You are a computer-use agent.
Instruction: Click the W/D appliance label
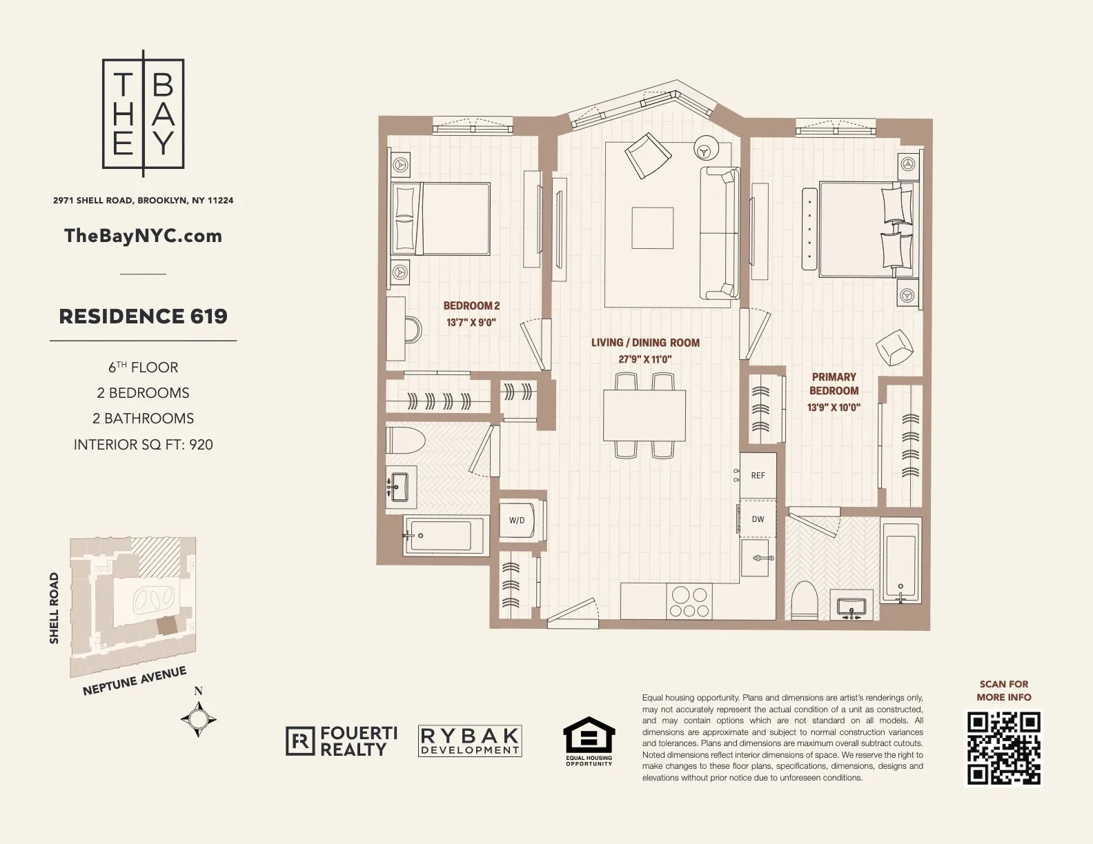point(517,521)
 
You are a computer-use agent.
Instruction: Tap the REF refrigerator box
point(758,475)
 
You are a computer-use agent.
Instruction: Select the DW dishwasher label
point(758,519)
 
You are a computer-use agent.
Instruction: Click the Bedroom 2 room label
point(471,305)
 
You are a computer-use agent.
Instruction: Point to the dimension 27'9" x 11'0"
point(644,359)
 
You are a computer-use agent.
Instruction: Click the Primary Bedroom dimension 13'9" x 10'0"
point(834,408)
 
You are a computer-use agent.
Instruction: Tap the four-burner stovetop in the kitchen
point(689,601)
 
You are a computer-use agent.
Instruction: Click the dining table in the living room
point(644,415)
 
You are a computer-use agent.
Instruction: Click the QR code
point(1003,749)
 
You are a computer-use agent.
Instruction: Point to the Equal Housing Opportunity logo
point(589,741)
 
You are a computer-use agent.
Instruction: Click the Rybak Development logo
point(470,741)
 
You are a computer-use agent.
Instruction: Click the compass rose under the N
point(199,719)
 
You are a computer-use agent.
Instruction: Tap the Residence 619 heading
point(143,316)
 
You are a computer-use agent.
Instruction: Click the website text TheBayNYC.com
point(143,236)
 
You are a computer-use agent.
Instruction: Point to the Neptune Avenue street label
point(135,681)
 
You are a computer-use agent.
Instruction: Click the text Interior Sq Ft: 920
point(143,445)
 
